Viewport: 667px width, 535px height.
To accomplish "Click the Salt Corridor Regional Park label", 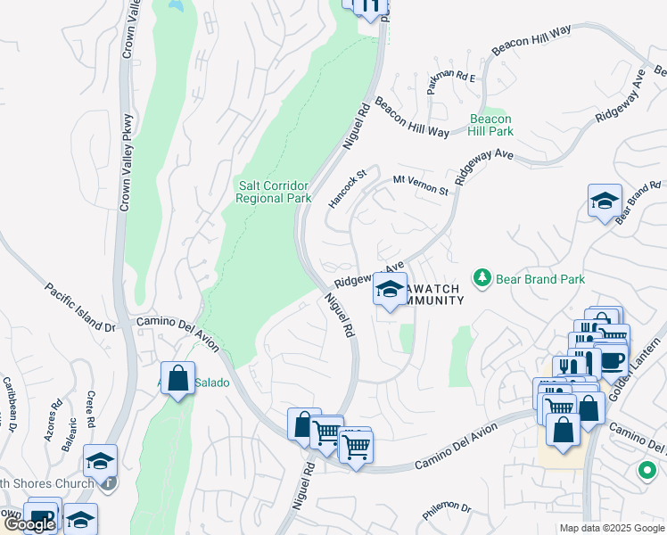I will click(273, 192).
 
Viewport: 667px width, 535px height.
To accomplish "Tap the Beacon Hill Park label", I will click(490, 125).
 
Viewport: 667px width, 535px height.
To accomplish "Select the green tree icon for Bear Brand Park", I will click(482, 279).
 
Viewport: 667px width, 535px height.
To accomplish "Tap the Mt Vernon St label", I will click(421, 185).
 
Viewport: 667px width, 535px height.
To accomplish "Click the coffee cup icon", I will click(612, 358).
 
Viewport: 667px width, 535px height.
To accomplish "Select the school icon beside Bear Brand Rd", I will click(605, 200).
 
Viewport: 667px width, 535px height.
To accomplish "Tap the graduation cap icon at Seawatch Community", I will click(390, 288).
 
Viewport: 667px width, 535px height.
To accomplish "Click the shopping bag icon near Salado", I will click(177, 377).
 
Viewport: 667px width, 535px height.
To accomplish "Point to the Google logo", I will click(29, 524).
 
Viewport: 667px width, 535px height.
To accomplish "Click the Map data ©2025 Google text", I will click(611, 528).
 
